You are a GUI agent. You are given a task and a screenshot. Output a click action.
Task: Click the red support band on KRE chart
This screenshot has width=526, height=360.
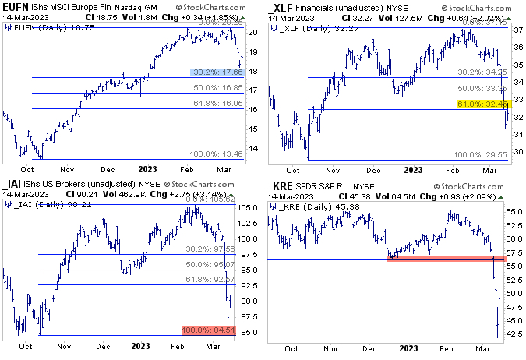[440, 257]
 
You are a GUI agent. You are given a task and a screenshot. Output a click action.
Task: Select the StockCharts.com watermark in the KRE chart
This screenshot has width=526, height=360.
[486, 188]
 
